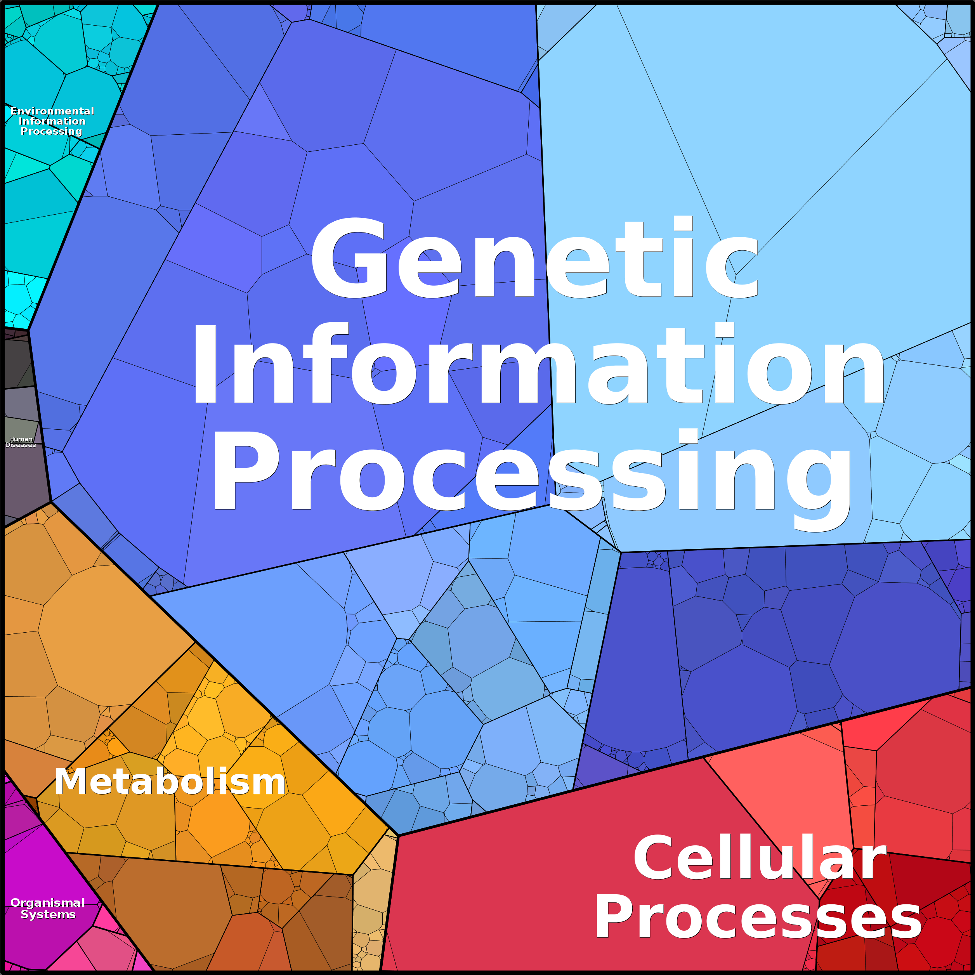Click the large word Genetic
tap(535, 257)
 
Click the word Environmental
tap(52, 111)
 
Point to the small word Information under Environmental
tap(52, 121)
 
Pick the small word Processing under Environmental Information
tap(52, 131)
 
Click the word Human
tap(21, 439)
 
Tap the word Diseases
tap(21, 445)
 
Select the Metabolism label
tap(170, 782)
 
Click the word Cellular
tap(760, 858)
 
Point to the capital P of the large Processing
tap(245, 470)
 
